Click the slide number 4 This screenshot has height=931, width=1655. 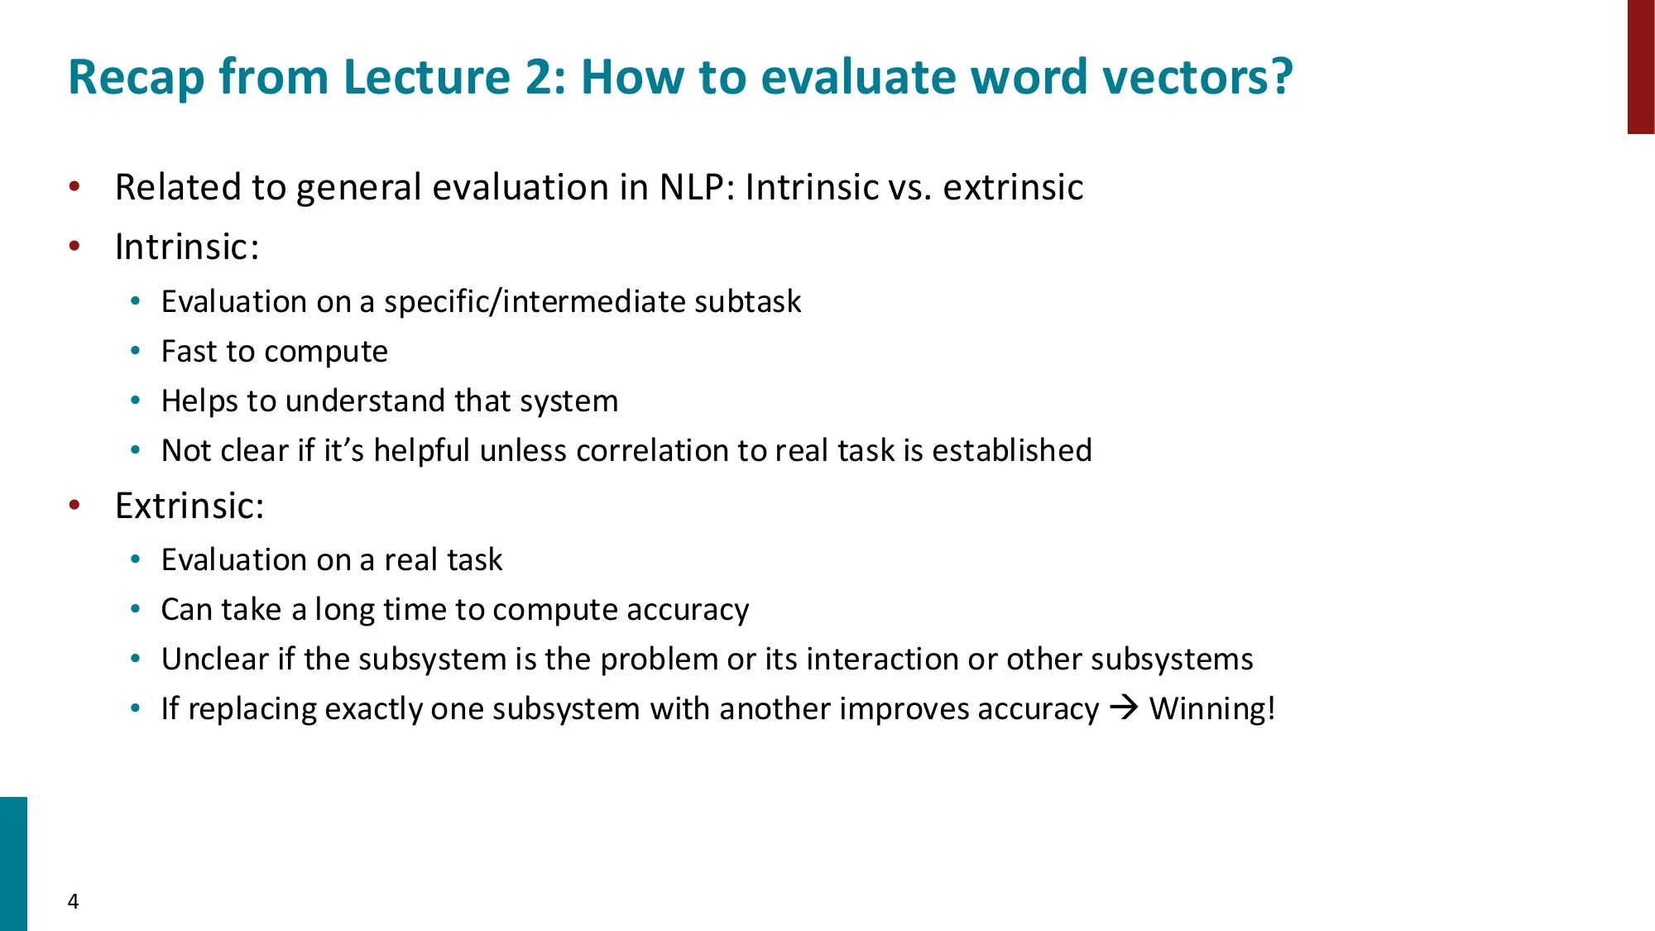pos(73,901)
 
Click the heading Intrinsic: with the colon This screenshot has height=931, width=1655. pos(187,247)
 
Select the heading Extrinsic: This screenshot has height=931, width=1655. pos(189,506)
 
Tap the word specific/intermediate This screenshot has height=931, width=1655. pos(535,302)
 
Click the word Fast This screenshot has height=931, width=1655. pos(189,352)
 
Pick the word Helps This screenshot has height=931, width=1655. pos(199,401)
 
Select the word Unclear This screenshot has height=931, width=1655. pos(215,660)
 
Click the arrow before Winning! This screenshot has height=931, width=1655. pos(1124,708)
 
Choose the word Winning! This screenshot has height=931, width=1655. pos(1212,709)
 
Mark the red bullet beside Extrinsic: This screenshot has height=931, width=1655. pos(74,506)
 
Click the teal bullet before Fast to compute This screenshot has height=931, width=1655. pos(136,352)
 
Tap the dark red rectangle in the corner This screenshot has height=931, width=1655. pos(1640,66)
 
